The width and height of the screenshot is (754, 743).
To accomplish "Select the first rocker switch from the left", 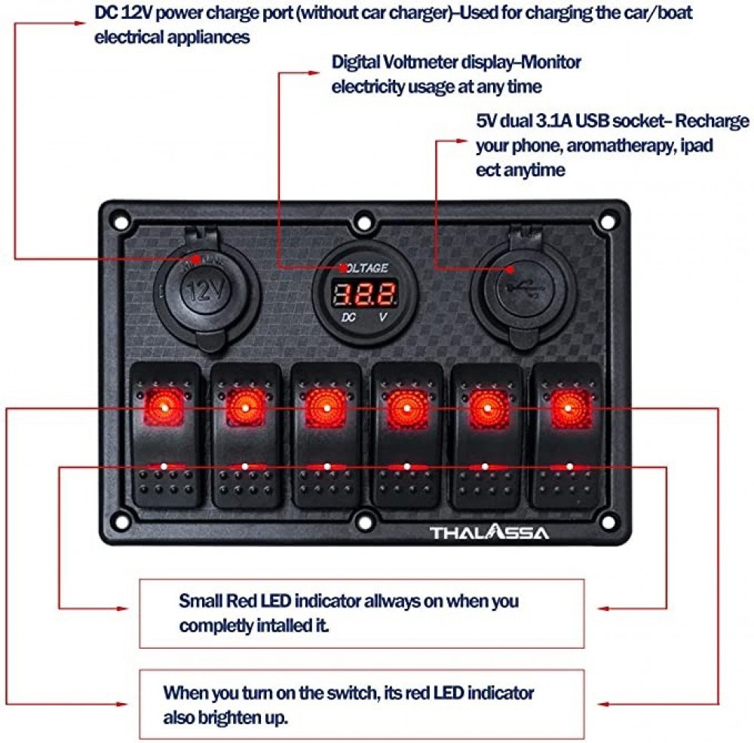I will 165,436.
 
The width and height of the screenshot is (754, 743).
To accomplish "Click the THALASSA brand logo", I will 490,533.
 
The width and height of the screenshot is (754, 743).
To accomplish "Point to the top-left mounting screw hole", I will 118,221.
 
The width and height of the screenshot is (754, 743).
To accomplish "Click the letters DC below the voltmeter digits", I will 348,318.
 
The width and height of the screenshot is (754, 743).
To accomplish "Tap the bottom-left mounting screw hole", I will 118,519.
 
